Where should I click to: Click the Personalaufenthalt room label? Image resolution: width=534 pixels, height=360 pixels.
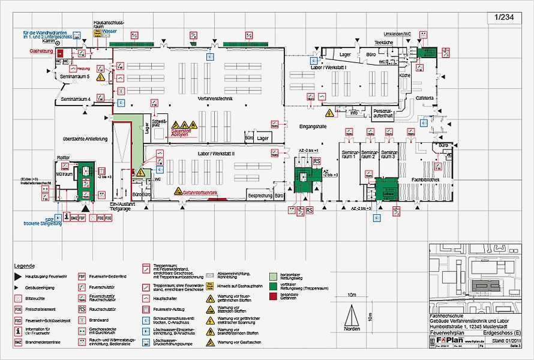(x=382, y=114)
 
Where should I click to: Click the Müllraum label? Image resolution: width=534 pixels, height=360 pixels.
(x=64, y=174)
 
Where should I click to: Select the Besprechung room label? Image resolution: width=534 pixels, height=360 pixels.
(x=261, y=196)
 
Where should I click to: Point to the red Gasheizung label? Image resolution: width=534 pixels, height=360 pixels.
(x=41, y=52)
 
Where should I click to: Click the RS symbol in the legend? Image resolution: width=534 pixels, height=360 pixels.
(x=82, y=308)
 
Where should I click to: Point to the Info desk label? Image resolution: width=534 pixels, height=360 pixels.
(x=354, y=112)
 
